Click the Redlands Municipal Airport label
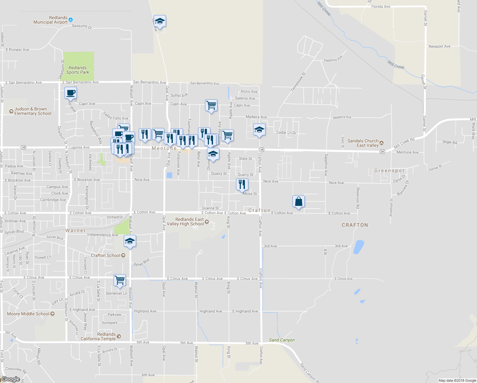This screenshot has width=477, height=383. click(51, 20)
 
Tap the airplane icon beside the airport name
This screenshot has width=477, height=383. click(71, 20)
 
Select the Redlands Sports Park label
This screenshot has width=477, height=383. click(77, 70)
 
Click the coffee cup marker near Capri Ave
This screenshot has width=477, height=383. click(71, 93)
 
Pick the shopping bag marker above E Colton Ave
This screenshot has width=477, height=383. click(298, 202)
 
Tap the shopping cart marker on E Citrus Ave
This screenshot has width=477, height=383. click(120, 280)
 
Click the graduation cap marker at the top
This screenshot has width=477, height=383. click(160, 21)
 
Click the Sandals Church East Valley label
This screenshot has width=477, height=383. click(363, 143)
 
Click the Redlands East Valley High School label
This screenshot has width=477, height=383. click(185, 222)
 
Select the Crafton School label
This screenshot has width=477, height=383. click(106, 255)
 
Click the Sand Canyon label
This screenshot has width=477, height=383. click(282, 340)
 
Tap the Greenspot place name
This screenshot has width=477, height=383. click(389, 170)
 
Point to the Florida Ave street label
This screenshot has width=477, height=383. click(381, 6)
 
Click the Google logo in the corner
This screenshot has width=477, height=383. click(11, 379)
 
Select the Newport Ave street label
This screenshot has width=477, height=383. click(439, 46)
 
